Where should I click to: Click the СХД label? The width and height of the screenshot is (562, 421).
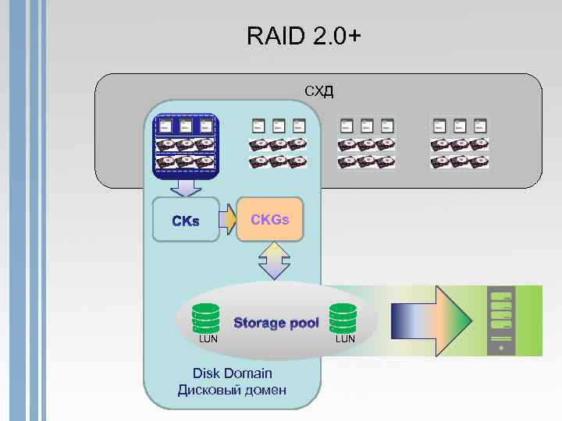pos(318,92)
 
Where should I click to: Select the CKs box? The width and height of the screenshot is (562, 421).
pos(186,221)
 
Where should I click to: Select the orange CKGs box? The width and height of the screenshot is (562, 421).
pos(269,220)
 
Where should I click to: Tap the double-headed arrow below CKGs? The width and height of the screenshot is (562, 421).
pos(274,261)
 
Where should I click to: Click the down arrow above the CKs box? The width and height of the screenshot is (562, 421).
pos(186,187)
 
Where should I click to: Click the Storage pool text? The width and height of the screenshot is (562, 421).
pos(276,323)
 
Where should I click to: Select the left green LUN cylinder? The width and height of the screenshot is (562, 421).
pos(208,318)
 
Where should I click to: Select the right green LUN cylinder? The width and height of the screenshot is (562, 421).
pos(343,318)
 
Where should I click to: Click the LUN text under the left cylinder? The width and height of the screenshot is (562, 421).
pos(208,339)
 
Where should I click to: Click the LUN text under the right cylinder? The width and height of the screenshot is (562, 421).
pos(345,339)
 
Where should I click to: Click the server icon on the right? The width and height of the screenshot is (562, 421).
pos(500,320)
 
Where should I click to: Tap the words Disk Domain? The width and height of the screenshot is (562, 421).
pos(232,373)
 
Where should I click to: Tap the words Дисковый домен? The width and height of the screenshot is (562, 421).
pos(232,390)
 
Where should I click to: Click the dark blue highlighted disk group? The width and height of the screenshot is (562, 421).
pos(186,146)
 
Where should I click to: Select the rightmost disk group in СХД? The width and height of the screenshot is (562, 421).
pos(458,143)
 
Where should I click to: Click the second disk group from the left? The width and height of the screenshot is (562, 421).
pos(277,143)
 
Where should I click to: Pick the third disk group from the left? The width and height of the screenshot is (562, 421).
pos(366,143)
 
